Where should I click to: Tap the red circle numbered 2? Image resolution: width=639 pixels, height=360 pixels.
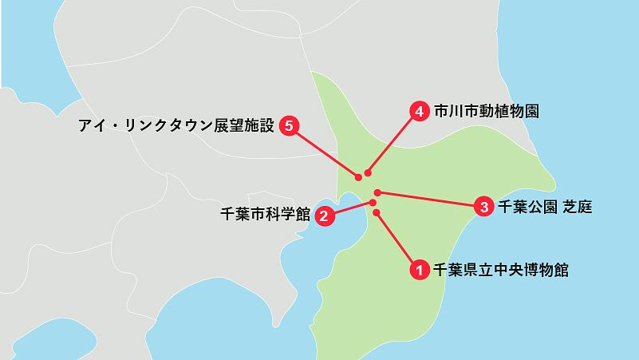(325, 216)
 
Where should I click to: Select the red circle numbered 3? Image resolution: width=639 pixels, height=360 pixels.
(483, 207)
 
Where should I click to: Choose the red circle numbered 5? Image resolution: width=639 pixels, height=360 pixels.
(289, 125)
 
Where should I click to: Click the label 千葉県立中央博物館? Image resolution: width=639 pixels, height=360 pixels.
(500, 270)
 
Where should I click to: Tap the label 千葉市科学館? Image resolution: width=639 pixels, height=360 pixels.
(264, 215)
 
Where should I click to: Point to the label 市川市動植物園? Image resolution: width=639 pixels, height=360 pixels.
(487, 112)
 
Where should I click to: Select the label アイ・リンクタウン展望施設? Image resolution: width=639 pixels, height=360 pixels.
(176, 125)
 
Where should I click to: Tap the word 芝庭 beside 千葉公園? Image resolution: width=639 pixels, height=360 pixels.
(577, 207)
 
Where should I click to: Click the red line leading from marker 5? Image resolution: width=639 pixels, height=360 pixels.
(323, 151)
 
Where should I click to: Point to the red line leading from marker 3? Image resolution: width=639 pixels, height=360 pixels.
(431, 200)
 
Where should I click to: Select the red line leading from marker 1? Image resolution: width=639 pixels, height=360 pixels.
(396, 240)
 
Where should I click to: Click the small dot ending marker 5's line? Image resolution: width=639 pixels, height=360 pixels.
(357, 176)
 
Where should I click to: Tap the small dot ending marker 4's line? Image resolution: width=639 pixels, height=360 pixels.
(367, 172)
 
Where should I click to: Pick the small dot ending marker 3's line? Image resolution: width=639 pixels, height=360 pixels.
(377, 192)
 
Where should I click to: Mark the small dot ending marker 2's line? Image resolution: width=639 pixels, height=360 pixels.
(373, 203)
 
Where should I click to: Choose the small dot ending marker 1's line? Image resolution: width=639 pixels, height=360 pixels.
(376, 212)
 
